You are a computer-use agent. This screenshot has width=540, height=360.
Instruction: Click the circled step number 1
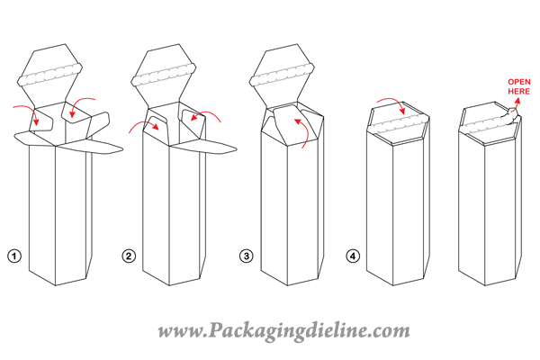tap(14, 256)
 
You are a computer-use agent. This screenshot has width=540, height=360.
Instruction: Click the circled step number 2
tap(129, 256)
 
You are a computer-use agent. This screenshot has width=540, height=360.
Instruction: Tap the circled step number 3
tap(246, 256)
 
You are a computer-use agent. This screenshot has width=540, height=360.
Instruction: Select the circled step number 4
tap(354, 256)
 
